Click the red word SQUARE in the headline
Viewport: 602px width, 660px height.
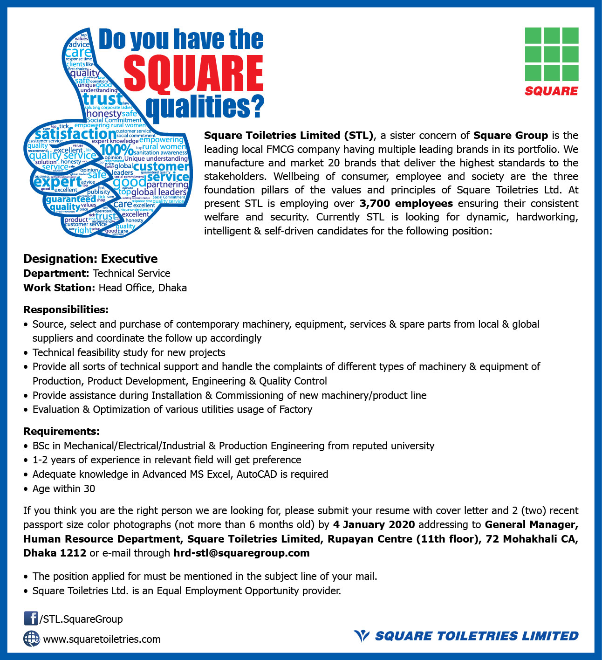click(x=194, y=74)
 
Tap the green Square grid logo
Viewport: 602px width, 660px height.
click(x=552, y=55)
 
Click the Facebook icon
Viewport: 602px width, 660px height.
click(x=31, y=619)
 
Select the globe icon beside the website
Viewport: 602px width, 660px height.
click(x=31, y=639)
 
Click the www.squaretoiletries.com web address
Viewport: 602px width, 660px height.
click(x=102, y=639)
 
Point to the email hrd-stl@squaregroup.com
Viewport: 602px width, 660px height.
click(x=241, y=553)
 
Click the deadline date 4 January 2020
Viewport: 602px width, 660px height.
click(x=374, y=524)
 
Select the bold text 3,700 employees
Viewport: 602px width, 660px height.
click(x=406, y=204)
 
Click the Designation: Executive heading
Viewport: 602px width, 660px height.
click(x=90, y=259)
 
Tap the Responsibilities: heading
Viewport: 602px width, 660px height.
click(x=66, y=309)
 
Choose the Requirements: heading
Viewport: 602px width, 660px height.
click(x=62, y=431)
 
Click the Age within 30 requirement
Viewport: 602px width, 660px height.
click(x=63, y=488)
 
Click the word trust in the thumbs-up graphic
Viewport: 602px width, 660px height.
click(x=103, y=99)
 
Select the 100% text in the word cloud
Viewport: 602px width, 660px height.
click(x=116, y=150)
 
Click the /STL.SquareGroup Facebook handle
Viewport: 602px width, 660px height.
click(x=81, y=619)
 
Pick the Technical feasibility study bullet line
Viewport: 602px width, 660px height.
click(x=129, y=352)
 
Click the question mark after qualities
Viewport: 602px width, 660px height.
click(x=256, y=106)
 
